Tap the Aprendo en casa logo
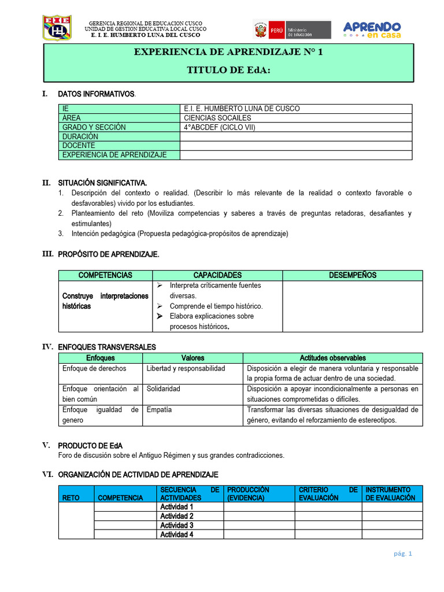372,29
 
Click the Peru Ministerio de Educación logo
291,29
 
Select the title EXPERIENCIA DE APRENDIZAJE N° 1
229,52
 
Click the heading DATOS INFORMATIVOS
97,94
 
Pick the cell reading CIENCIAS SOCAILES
217,118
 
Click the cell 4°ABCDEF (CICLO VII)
219,127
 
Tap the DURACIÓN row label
80,136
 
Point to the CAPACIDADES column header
217,275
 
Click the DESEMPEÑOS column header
353,275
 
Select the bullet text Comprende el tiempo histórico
216,306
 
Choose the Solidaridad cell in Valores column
164,389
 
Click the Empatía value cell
159,410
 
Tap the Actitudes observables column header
332,358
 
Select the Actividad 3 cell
177,526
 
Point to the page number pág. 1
402,553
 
